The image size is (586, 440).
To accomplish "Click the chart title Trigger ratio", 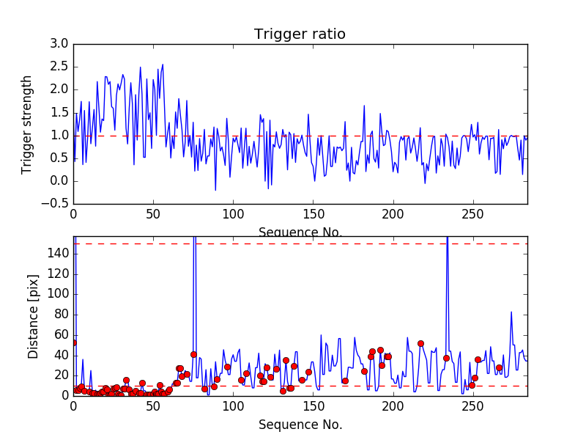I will coord(300,34).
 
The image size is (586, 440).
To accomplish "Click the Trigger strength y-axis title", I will coord(27,124).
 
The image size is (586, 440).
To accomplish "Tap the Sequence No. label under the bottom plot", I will coord(300,425).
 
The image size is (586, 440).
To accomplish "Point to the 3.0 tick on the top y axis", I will coord(59,44).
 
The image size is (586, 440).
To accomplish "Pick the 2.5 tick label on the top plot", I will coord(59,67).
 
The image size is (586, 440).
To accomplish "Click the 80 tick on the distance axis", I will coord(61,315).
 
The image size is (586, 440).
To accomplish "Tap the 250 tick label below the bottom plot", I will coord(473,408).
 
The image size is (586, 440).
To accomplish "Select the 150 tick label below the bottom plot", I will coord(314,408).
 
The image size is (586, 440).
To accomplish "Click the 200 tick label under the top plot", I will coord(393,216).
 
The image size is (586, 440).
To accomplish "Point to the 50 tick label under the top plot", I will coord(153,216).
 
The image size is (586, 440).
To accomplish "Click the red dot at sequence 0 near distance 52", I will coord(73,342).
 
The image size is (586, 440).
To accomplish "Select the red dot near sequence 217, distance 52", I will coord(420,343).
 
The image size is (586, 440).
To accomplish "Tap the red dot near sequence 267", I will coord(499,367).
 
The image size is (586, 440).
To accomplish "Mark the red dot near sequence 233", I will coord(446,358).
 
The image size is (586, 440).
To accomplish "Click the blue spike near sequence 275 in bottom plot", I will coord(511,312).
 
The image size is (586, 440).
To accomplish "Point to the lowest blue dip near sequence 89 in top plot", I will coord(215,190).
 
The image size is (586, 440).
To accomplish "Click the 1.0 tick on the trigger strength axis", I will coord(59,136).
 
